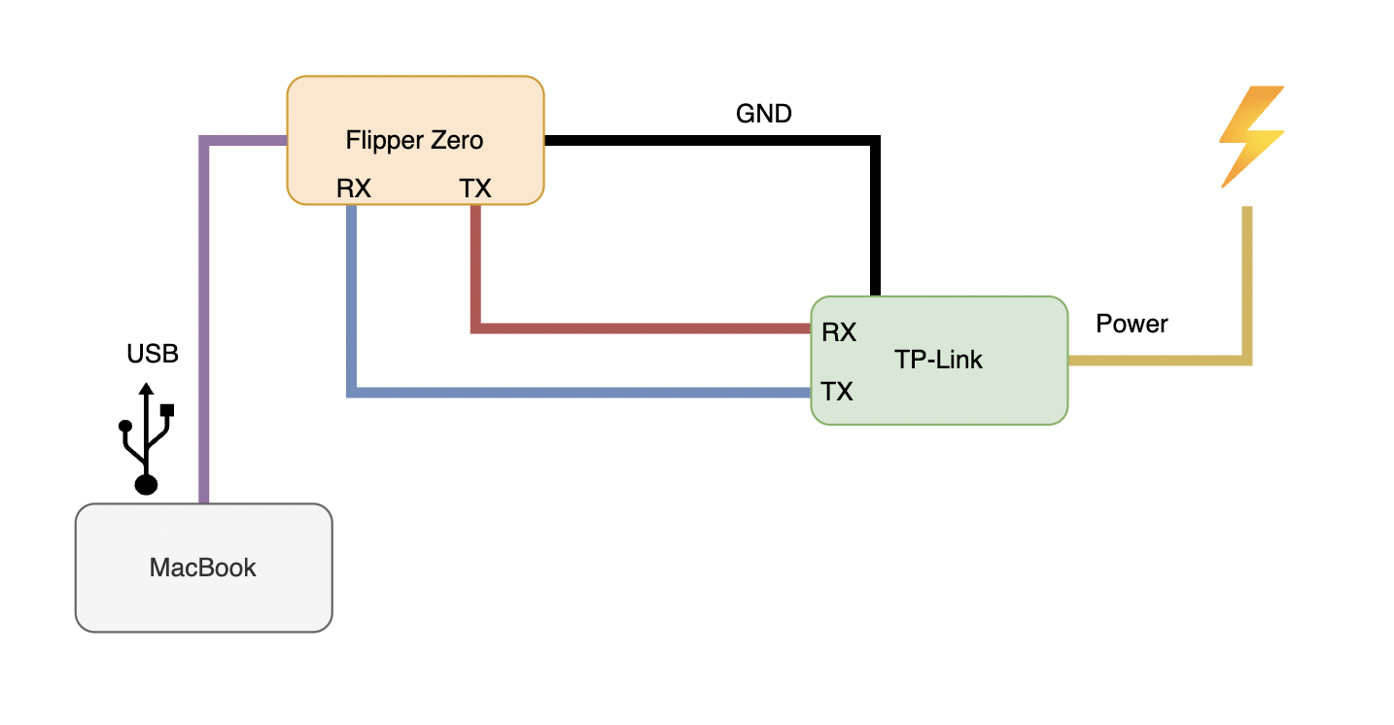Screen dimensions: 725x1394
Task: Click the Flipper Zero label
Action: pos(414,140)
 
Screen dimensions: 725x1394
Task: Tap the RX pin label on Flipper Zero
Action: pos(354,189)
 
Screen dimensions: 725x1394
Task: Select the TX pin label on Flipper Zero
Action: pos(475,189)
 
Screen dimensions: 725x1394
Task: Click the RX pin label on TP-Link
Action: pos(839,332)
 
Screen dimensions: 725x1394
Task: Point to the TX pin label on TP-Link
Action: pos(837,392)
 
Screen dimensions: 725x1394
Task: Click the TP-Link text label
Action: pos(938,360)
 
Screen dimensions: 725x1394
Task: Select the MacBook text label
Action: pos(203,568)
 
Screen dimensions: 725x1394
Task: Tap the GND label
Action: pos(764,114)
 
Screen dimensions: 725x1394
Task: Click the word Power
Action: pos(1132,324)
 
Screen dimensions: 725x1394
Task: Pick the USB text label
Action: pos(153,354)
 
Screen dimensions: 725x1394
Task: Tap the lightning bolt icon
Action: pos(1252,136)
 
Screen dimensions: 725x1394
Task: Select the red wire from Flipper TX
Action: pos(642,328)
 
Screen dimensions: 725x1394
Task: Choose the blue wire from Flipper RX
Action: pos(583,392)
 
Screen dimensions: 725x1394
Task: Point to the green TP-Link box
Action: pos(1011,398)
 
